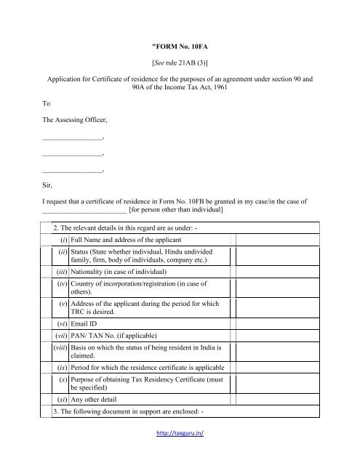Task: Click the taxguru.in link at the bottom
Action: click(180, 452)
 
